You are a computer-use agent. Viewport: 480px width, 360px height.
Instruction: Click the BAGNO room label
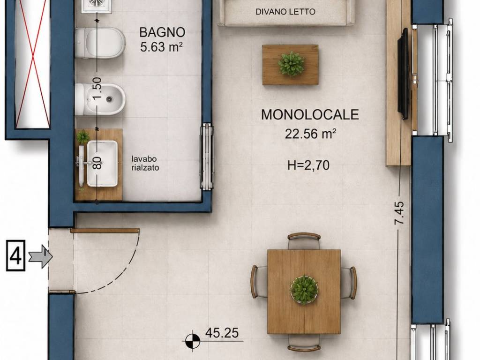[x=162, y=32]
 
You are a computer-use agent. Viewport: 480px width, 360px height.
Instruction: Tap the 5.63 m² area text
[x=162, y=47]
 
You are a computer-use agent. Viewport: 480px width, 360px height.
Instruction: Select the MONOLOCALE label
[x=310, y=114]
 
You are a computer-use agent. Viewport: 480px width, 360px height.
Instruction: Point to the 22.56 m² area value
[x=311, y=134]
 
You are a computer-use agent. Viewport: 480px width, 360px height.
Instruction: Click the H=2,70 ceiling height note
[x=308, y=165]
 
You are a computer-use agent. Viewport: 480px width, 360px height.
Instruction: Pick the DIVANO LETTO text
[x=285, y=12]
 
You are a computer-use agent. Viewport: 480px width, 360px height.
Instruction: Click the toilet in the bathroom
[x=100, y=43]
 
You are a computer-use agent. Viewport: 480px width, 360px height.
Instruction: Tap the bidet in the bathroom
[x=100, y=99]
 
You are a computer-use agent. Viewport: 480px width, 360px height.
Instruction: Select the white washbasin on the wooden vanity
[x=102, y=164]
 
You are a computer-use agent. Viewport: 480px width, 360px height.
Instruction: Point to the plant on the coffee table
[x=291, y=64]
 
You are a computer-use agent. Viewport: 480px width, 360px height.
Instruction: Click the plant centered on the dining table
[x=304, y=289]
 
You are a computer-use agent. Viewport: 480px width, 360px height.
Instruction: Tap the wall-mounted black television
[x=404, y=74]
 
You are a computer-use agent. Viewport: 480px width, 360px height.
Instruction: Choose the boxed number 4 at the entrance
[x=15, y=256]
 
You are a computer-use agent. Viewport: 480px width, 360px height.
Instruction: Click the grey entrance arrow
[x=40, y=256]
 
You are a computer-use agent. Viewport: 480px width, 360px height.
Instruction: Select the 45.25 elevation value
[x=222, y=333]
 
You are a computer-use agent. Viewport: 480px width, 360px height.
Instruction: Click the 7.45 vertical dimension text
[x=399, y=213]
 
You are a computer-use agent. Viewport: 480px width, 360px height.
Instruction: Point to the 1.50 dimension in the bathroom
[x=97, y=88]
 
